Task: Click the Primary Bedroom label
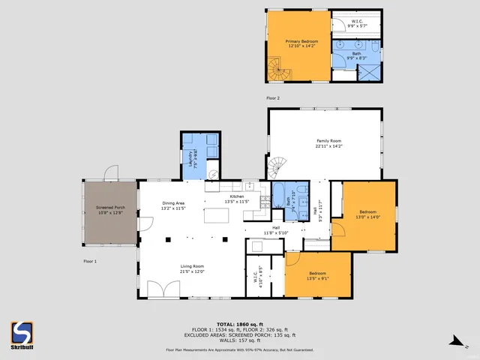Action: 299,44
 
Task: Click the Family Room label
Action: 328,143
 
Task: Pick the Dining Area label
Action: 173,205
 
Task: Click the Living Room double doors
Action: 158,289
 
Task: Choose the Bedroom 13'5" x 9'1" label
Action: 318,275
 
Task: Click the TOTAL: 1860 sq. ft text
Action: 239,324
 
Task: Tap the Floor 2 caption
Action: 273,98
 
